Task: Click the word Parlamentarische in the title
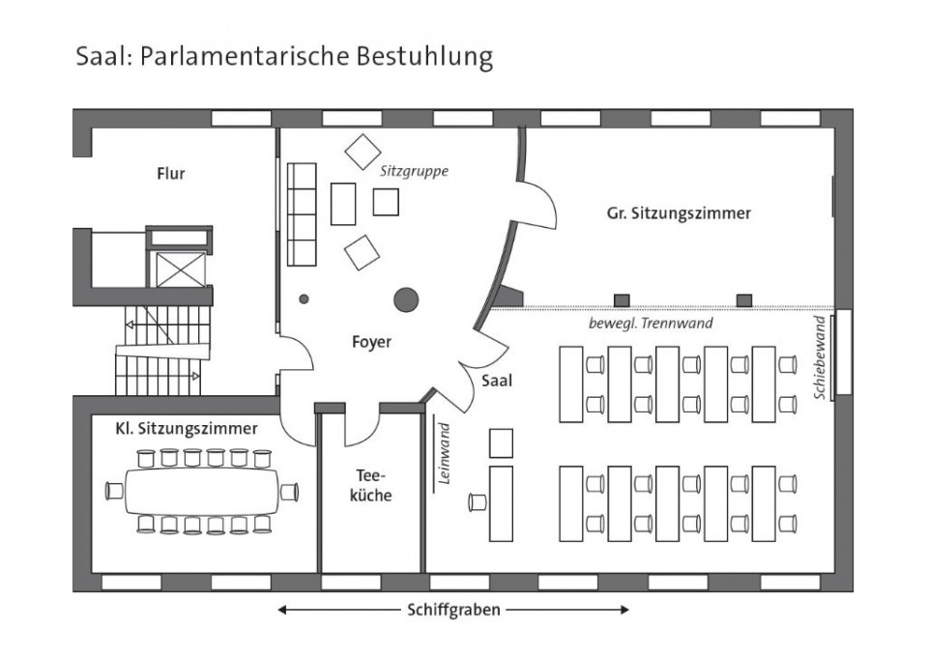(x=245, y=57)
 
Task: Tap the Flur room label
(x=171, y=174)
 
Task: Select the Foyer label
(x=372, y=342)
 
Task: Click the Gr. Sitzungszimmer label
(x=679, y=213)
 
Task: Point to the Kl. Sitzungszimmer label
(x=187, y=429)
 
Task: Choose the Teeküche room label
(x=370, y=485)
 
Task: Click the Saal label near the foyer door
(x=497, y=381)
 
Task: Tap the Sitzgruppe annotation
(x=414, y=171)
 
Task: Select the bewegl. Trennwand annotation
(x=651, y=324)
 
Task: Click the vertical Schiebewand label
(x=820, y=357)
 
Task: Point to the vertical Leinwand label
(x=445, y=453)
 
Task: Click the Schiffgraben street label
(x=453, y=610)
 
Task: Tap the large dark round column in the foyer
(x=406, y=300)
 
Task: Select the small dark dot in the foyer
(x=304, y=299)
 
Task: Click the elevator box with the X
(x=181, y=270)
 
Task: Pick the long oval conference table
(x=202, y=492)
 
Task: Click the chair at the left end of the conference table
(x=115, y=491)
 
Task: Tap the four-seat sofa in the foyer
(x=302, y=214)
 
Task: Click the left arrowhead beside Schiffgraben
(x=282, y=610)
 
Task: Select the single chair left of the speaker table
(x=478, y=502)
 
